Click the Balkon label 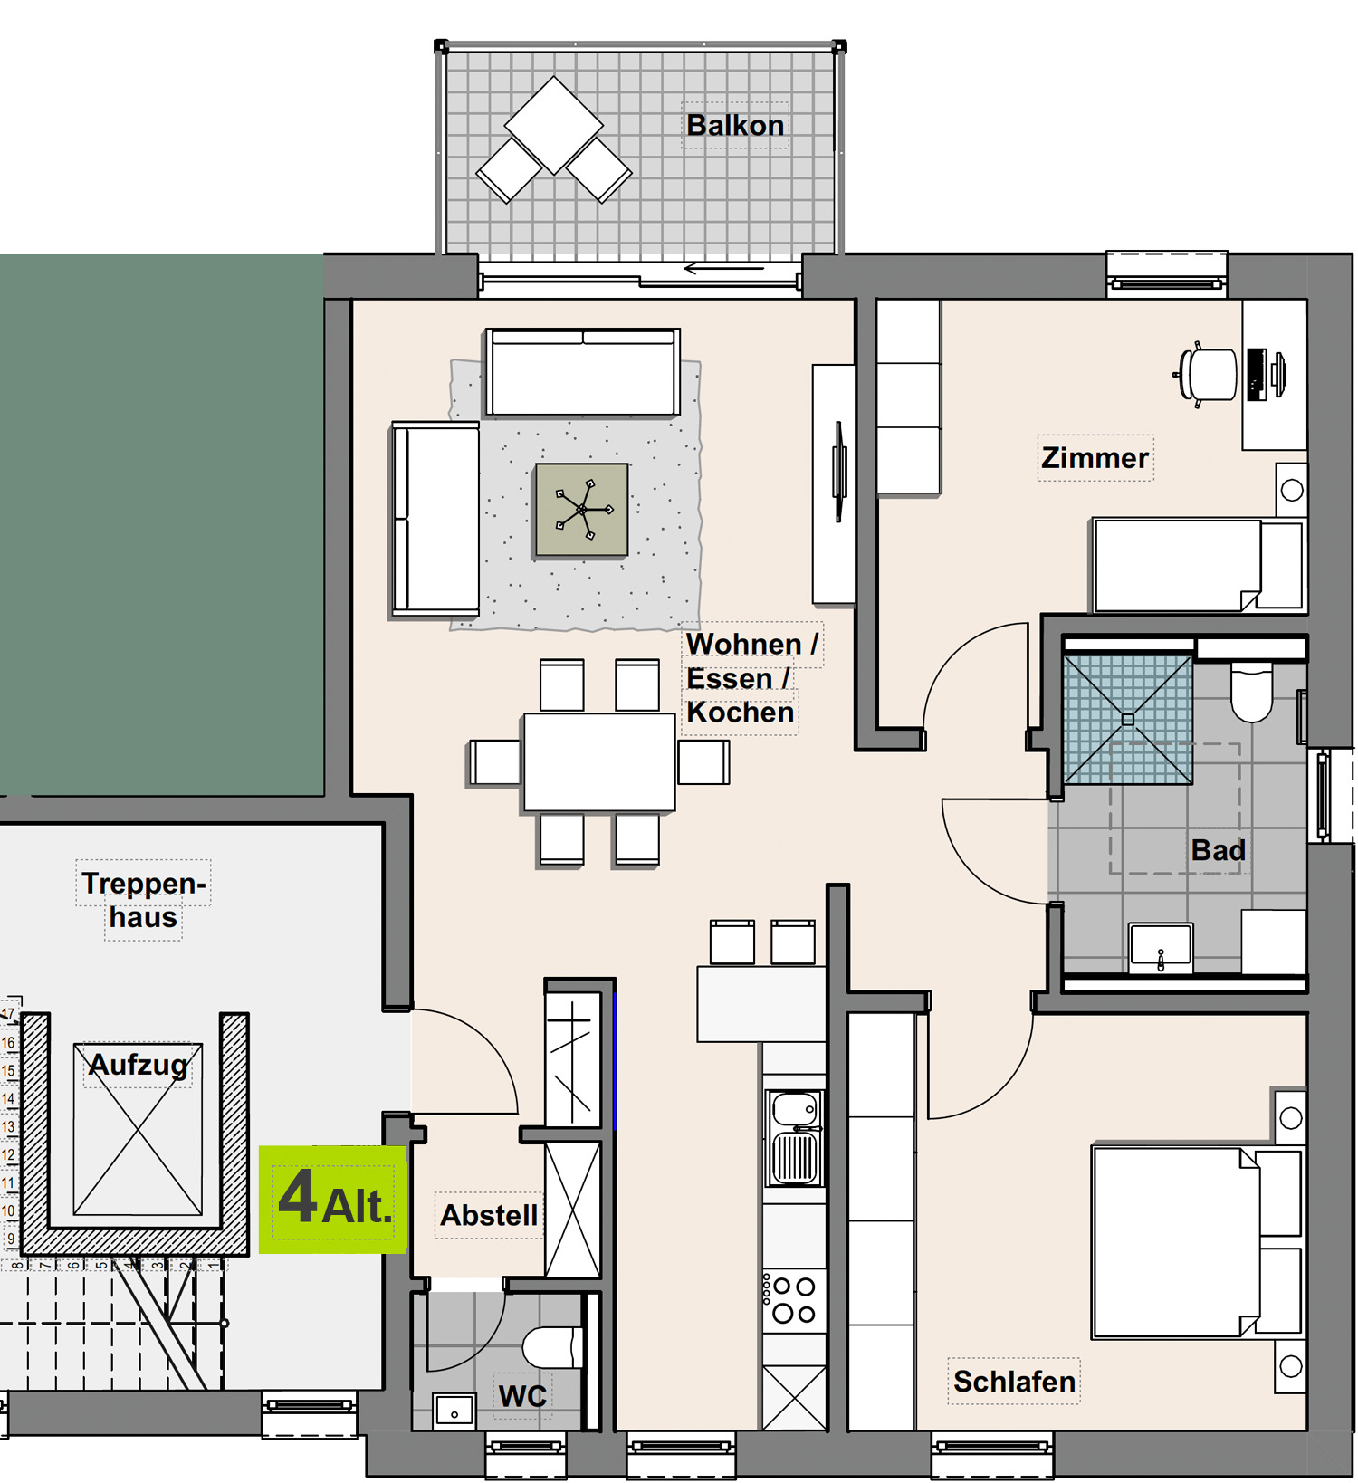click(735, 125)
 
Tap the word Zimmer click(1095, 457)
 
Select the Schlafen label click(1014, 1381)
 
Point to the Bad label click(1218, 850)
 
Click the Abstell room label click(489, 1214)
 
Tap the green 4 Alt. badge click(333, 1199)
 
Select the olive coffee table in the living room click(581, 510)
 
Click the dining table click(599, 761)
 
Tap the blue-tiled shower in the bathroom click(1128, 720)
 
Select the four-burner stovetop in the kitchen click(794, 1299)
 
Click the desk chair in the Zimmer click(1206, 374)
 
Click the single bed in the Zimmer click(1197, 565)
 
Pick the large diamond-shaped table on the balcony click(553, 125)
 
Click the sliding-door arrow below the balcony click(723, 268)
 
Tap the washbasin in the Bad click(1161, 947)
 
